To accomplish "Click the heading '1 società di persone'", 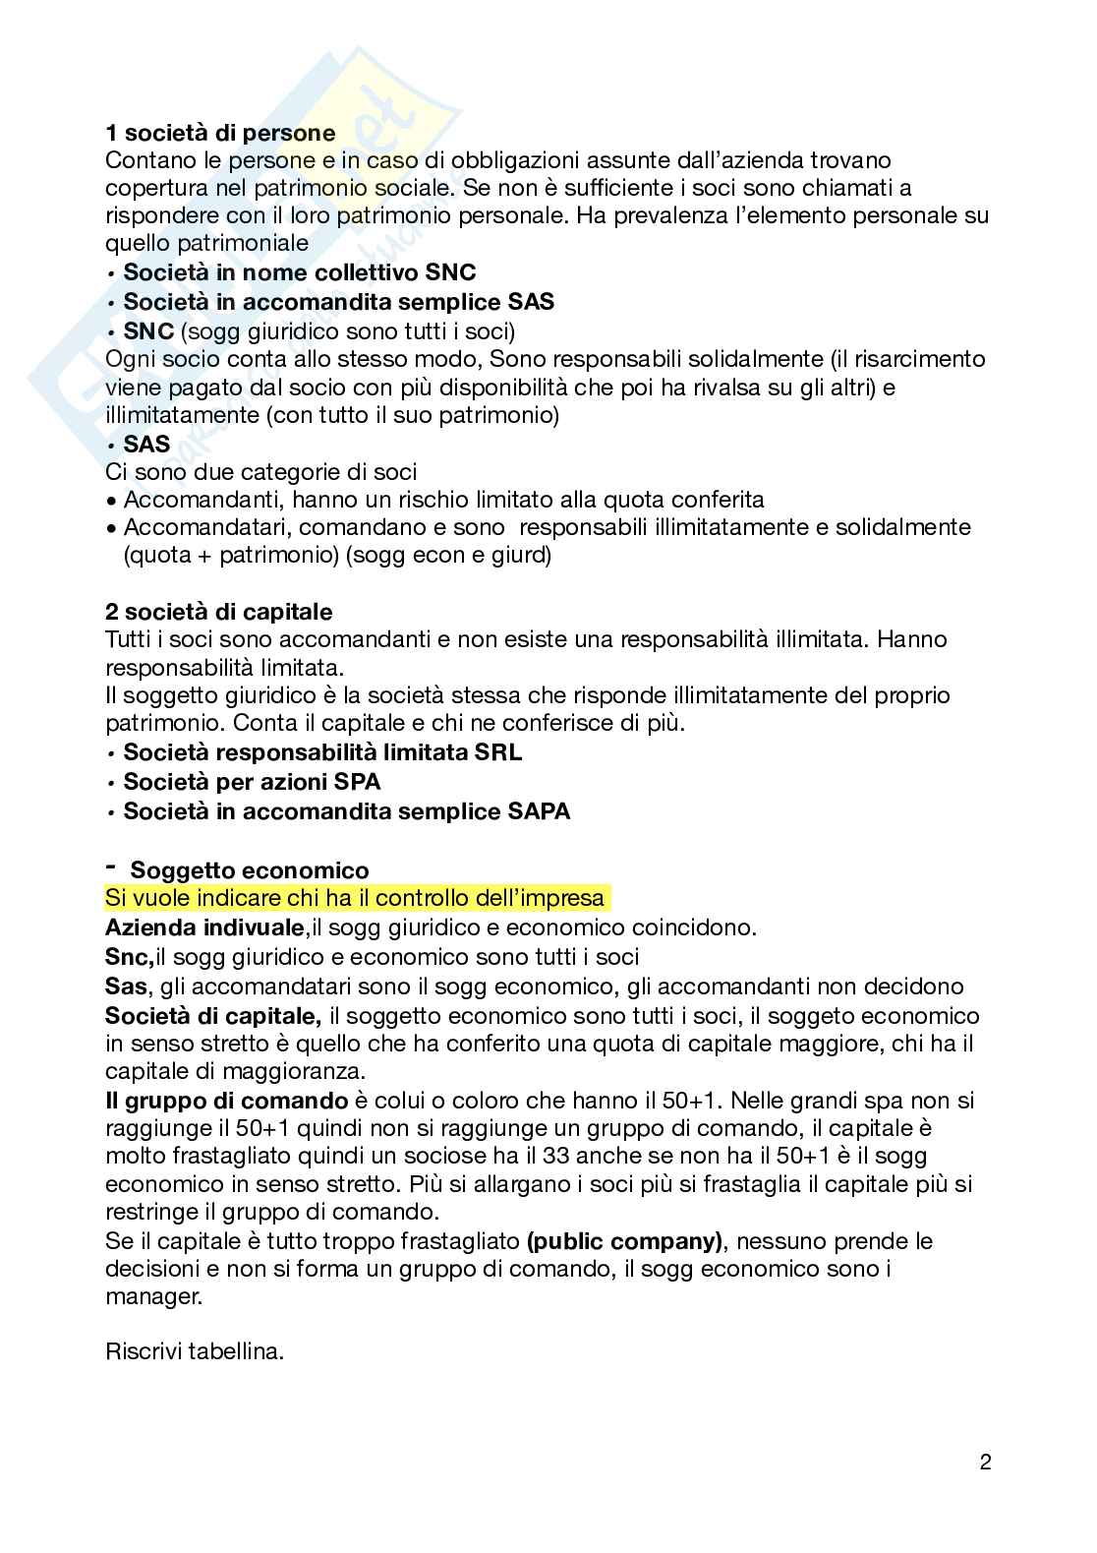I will click(219, 132).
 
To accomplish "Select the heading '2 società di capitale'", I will click(218, 612).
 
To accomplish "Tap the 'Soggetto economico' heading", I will click(250, 870).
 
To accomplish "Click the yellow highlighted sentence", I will click(355, 899).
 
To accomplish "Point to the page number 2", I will click(985, 1462).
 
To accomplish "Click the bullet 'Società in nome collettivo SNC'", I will click(299, 272).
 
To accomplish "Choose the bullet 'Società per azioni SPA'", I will click(252, 782).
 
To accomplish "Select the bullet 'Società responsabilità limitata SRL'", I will click(322, 753).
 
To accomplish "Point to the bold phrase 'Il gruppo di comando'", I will click(226, 1101).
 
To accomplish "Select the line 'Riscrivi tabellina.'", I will click(195, 1351).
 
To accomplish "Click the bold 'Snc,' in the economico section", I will click(129, 956).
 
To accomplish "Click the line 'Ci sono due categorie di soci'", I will click(260, 472).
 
